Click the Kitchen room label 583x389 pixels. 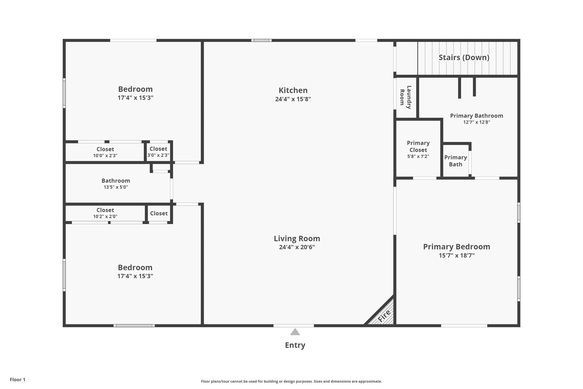point(293,90)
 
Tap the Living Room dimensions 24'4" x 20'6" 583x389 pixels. point(297,247)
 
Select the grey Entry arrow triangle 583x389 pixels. point(295,332)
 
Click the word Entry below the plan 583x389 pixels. point(295,345)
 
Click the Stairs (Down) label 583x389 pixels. point(464,58)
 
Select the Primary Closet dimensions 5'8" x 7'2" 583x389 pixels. point(418,156)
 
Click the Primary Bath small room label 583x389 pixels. point(455,161)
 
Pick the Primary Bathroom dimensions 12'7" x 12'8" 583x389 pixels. point(477,122)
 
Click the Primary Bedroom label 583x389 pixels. point(457,247)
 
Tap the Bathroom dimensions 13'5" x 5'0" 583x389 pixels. point(116,187)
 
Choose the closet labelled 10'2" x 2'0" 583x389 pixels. point(105,213)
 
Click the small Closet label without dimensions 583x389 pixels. point(159,213)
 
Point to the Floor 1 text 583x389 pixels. point(18,380)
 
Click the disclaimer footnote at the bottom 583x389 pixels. point(291,381)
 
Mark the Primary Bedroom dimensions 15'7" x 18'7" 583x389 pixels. point(457,255)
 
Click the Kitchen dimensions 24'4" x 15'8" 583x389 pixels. point(293,99)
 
